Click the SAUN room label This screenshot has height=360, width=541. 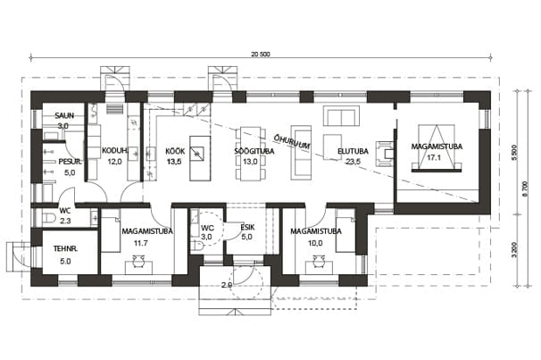pyautogui.click(x=64, y=115)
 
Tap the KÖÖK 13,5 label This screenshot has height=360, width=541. pyautogui.click(x=175, y=156)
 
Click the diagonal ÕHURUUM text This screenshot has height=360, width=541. pyautogui.click(x=291, y=142)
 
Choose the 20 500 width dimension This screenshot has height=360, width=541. pyautogui.click(x=261, y=54)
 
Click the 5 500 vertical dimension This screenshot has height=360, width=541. pyautogui.click(x=515, y=152)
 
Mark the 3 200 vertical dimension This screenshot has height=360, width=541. pyautogui.click(x=515, y=250)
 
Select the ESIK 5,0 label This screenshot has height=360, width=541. pyautogui.click(x=247, y=232)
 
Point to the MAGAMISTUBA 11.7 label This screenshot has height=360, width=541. pyautogui.click(x=147, y=237)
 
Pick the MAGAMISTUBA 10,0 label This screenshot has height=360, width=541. pyautogui.click(x=316, y=237)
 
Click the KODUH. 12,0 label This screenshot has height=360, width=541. pyautogui.click(x=115, y=156)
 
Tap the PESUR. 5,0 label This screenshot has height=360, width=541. pyautogui.click(x=70, y=167)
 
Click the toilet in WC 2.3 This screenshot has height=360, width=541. pyautogui.click(x=50, y=218)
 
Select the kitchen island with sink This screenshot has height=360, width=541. pyautogui.click(x=200, y=158)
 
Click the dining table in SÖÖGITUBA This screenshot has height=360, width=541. pyautogui.click(x=251, y=154)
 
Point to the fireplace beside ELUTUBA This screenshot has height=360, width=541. pyautogui.click(x=385, y=154)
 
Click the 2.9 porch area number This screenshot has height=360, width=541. pyautogui.click(x=227, y=285)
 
